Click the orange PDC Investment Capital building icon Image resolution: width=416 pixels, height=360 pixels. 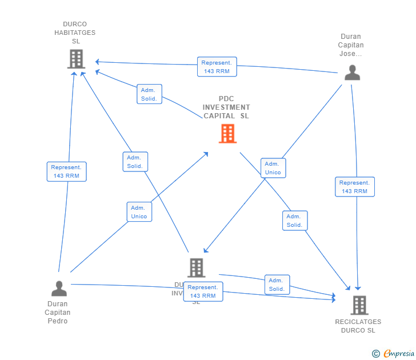(227, 134)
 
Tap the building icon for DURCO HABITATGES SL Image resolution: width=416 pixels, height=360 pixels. (75, 58)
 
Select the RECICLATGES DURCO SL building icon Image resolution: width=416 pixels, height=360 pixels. (359, 305)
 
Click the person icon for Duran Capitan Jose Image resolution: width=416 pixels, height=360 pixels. (352, 73)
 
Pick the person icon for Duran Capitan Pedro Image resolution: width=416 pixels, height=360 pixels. (59, 289)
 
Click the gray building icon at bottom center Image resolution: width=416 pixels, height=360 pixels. (196, 267)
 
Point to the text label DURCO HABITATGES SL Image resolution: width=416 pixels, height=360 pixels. (75, 33)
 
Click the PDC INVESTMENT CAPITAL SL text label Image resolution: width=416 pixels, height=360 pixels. (226, 107)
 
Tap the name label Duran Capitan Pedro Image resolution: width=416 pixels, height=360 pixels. (58, 313)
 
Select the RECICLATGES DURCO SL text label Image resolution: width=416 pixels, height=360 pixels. (358, 326)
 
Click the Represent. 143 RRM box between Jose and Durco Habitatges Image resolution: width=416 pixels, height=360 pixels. (217, 67)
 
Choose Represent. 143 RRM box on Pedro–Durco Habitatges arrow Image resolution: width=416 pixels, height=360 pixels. (66, 171)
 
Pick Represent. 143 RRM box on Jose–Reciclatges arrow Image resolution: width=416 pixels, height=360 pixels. (354, 187)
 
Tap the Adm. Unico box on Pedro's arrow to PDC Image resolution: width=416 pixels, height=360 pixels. (139, 212)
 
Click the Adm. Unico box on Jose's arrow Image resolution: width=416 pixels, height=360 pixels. (273, 168)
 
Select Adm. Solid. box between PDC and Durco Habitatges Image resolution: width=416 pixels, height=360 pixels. (149, 94)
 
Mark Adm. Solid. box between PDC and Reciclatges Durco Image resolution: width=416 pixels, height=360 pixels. (294, 221)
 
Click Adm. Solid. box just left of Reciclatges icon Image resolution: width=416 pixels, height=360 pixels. (277, 285)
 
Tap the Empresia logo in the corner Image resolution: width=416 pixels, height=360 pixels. (399, 354)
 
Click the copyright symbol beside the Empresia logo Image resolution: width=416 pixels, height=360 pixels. (376, 354)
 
